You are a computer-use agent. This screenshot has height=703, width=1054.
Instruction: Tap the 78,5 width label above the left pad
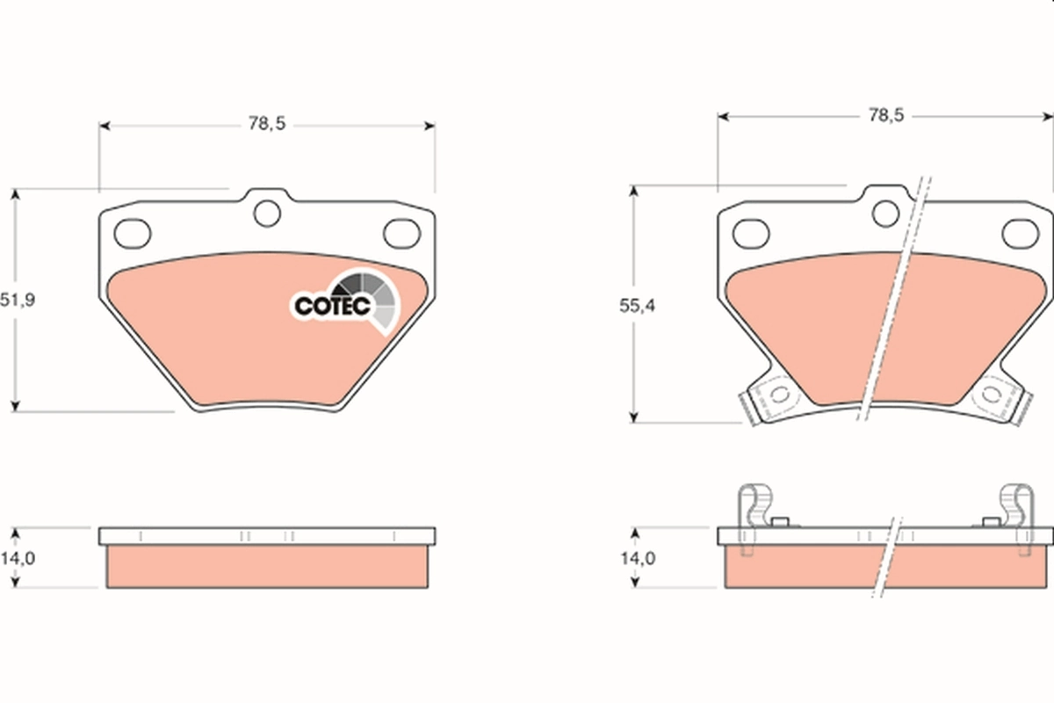tap(267, 125)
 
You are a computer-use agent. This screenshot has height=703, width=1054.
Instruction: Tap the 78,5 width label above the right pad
tap(885, 115)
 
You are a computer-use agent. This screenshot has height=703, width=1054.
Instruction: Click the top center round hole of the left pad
tap(267, 213)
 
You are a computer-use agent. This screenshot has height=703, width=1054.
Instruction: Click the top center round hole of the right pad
tap(886, 212)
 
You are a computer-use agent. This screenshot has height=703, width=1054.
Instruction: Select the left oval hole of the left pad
tap(134, 233)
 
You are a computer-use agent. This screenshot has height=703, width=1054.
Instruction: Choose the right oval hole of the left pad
tap(403, 233)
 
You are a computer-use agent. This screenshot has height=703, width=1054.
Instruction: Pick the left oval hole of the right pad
tap(751, 233)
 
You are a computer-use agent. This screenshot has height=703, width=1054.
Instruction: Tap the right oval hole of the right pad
tap(1020, 233)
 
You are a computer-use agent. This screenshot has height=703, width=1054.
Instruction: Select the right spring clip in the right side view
tap(1017, 518)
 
